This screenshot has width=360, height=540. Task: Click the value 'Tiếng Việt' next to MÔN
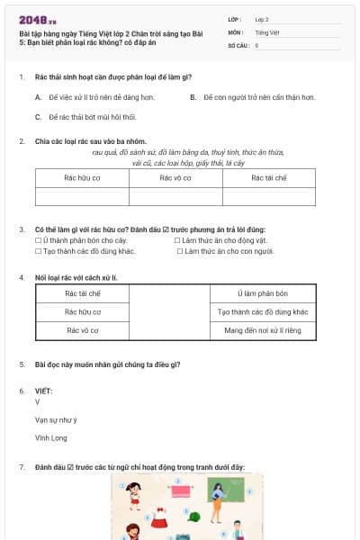266,31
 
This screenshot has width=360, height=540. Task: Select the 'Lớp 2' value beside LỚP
262,19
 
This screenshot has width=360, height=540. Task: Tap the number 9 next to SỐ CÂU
256,44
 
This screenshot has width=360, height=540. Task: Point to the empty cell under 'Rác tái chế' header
268,196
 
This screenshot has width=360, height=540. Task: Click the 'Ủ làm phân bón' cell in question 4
263,293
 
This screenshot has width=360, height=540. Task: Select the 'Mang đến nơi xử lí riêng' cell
263,330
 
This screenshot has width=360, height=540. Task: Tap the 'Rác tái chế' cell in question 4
82,293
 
